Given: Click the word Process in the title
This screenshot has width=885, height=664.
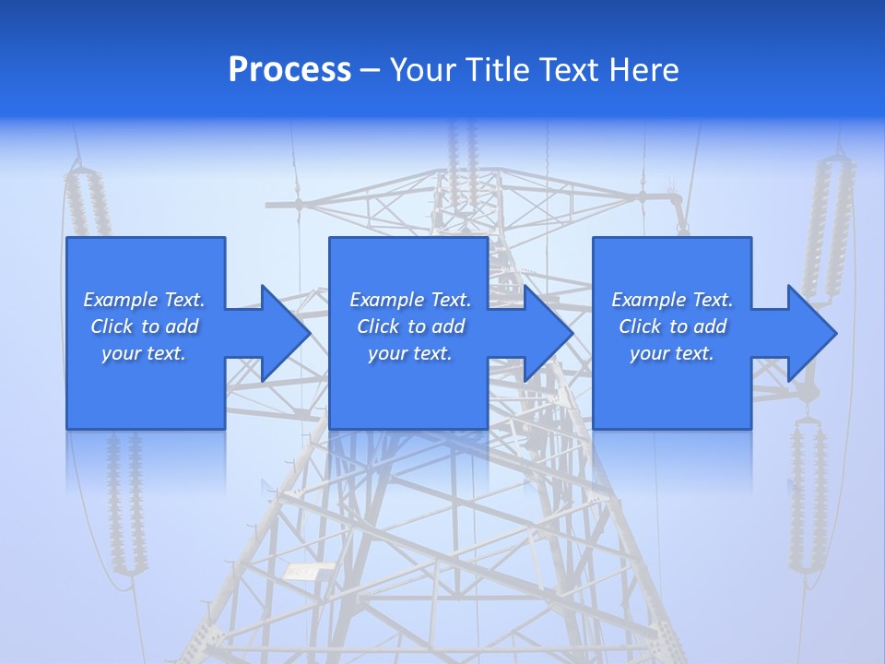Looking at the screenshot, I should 289,70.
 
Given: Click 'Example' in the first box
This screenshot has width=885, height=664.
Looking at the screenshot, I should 120,300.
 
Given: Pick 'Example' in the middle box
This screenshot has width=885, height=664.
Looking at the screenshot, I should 386,300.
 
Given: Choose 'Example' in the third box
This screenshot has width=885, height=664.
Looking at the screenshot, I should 648,300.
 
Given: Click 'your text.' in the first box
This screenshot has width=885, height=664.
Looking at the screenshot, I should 144,353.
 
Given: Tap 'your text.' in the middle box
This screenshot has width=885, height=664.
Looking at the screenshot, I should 409,353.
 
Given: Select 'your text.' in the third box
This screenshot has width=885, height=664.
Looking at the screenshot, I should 672,353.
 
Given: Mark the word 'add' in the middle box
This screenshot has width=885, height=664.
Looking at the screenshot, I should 447,326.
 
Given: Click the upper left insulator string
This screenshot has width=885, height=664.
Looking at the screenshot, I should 88,207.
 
